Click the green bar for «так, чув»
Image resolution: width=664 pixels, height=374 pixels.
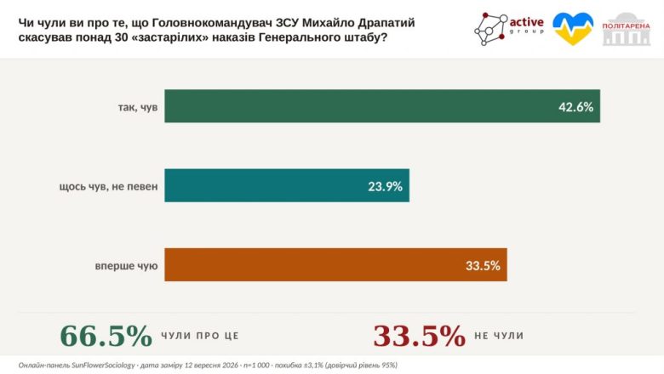(382, 106)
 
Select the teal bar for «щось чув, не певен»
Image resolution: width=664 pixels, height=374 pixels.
(287, 185)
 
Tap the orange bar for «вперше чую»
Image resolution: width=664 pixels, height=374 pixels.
(335, 264)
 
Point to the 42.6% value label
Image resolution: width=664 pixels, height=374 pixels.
(575, 107)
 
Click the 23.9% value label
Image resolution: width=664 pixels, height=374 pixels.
(385, 186)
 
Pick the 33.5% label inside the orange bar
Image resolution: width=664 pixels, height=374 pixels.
(483, 265)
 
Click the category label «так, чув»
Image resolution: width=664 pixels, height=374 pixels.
(138, 107)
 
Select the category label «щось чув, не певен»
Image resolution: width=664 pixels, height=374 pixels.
(108, 186)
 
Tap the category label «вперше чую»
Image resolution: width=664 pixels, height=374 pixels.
(126, 266)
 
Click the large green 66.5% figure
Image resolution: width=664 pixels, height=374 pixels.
(106, 336)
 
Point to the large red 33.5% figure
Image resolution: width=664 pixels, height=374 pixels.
(419, 336)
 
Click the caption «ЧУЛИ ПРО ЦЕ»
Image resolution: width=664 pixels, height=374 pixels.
(200, 336)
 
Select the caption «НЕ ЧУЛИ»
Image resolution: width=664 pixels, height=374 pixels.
(499, 336)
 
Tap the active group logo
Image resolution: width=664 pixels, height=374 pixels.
(509, 28)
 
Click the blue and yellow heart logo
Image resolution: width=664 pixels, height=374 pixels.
(573, 28)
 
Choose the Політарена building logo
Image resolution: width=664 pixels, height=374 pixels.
(627, 29)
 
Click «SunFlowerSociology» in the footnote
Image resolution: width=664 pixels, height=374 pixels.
(103, 365)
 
